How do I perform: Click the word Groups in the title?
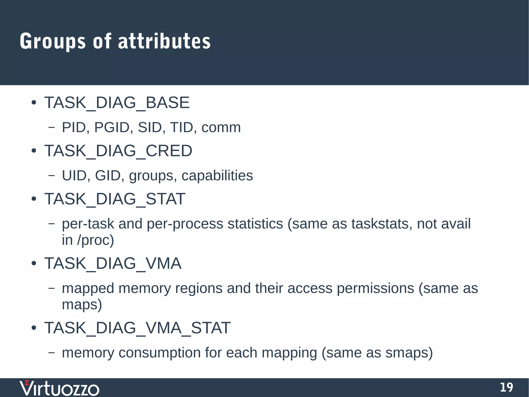pos(52,41)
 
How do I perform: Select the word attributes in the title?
pos(164,41)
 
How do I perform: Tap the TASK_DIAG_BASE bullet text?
pos(117,103)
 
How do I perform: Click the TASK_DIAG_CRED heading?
pos(118,151)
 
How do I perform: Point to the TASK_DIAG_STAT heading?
pos(115,199)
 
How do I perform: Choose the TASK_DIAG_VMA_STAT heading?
pos(137,328)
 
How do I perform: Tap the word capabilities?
pos(217,176)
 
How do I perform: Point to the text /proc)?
pos(95,240)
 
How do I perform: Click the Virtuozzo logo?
pos(59,388)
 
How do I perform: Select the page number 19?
pos(506,387)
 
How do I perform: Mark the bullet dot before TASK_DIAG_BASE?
pos(34,103)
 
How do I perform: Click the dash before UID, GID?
pos(52,176)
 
